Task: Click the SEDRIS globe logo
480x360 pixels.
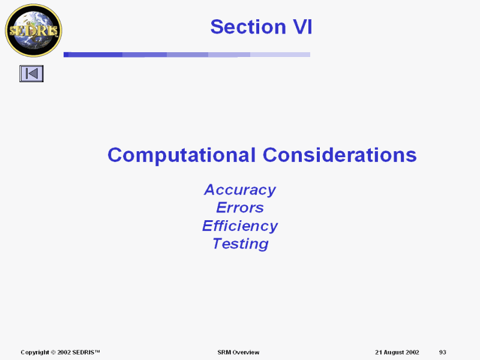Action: point(34,31)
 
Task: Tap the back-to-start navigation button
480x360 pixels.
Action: point(32,73)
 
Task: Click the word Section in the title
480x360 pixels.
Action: point(248,26)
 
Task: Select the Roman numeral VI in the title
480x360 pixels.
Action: point(303,26)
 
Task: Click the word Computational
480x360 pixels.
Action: point(182,155)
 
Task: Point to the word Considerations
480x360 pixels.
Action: point(340,155)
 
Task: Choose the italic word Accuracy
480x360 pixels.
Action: point(240,190)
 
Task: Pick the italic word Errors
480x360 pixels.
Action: point(240,208)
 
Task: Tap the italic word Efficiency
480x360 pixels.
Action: point(240,226)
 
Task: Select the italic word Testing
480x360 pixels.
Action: point(241,244)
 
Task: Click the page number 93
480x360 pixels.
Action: point(443,352)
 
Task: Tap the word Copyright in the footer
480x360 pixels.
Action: point(35,353)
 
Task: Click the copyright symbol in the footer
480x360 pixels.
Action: point(53,352)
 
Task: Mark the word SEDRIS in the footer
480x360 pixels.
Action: point(83,352)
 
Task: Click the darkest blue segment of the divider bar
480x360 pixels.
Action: point(93,55)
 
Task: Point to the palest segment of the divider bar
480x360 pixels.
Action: point(280,55)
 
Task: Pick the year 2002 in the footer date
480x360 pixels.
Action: point(412,352)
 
